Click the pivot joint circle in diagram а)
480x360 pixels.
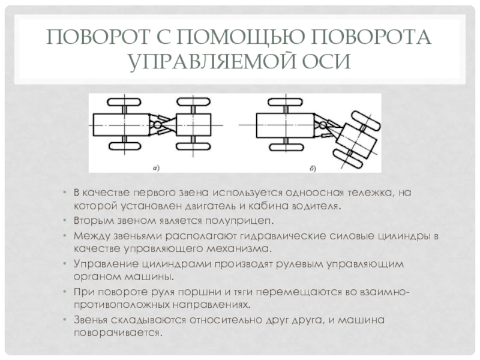coord(157,125)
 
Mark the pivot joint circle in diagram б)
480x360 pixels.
coord(323,125)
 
